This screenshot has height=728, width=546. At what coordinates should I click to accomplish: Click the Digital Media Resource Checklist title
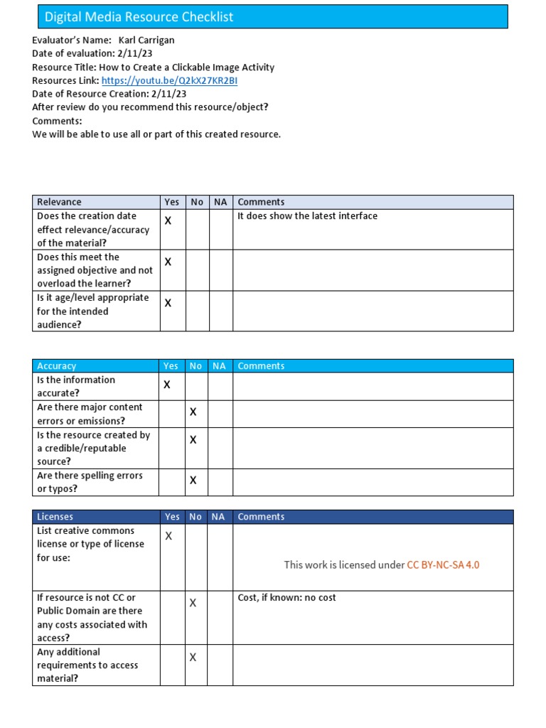pyautogui.click(x=139, y=16)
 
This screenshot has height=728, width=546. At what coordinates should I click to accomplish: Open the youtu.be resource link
pyautogui.click(x=169, y=80)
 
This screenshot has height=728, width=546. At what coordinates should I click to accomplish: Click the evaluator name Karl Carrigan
pyautogui.click(x=151, y=41)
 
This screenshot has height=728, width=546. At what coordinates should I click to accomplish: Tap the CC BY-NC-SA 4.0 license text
pyautogui.click(x=443, y=564)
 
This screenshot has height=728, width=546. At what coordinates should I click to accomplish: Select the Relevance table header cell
pyautogui.click(x=60, y=202)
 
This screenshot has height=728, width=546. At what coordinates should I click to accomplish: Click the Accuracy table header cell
pyautogui.click(x=57, y=365)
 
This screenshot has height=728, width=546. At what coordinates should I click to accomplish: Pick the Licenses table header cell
pyautogui.click(x=55, y=517)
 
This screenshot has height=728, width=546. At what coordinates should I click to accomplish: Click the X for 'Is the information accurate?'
pyautogui.click(x=167, y=385)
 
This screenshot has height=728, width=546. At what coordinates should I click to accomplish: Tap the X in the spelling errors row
pyautogui.click(x=193, y=481)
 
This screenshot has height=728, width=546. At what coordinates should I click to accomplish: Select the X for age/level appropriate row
pyautogui.click(x=168, y=303)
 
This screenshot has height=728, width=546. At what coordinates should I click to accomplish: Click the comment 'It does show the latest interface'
pyautogui.click(x=307, y=215)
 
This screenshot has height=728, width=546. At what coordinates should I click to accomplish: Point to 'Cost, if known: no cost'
pyautogui.click(x=287, y=598)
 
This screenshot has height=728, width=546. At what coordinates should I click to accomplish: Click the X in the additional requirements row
pyautogui.click(x=193, y=658)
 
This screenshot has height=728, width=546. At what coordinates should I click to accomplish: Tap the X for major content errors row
pyautogui.click(x=193, y=412)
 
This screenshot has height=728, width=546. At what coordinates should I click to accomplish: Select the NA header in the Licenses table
pyautogui.click(x=218, y=517)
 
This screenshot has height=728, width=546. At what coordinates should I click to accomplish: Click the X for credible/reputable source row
pyautogui.click(x=193, y=440)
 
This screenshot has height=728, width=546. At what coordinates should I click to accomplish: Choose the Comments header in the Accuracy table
pyautogui.click(x=261, y=365)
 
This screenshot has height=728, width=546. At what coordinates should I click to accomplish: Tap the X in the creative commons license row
pyautogui.click(x=168, y=536)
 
